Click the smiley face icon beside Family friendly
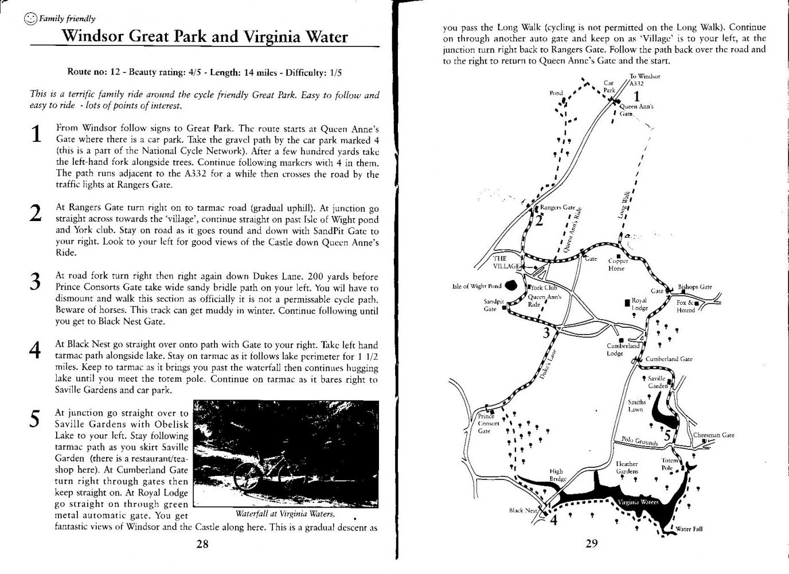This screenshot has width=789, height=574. pyautogui.click(x=30, y=19)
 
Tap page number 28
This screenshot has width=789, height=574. pyautogui.click(x=202, y=544)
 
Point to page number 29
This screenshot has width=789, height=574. pyautogui.click(x=592, y=544)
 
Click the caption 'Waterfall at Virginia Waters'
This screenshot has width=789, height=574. pyautogui.click(x=285, y=514)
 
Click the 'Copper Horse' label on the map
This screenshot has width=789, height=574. pyautogui.click(x=616, y=265)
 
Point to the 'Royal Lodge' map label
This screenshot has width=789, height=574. pyautogui.click(x=639, y=304)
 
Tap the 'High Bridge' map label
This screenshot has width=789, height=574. pyautogui.click(x=557, y=475)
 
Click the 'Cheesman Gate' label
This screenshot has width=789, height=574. pyautogui.click(x=713, y=435)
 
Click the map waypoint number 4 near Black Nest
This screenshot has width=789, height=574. pyautogui.click(x=553, y=521)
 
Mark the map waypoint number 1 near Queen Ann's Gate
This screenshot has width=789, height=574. pyautogui.click(x=636, y=97)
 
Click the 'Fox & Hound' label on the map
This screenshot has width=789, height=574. pyautogui.click(x=686, y=307)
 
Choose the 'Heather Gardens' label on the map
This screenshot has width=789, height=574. pyautogui.click(x=627, y=467)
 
